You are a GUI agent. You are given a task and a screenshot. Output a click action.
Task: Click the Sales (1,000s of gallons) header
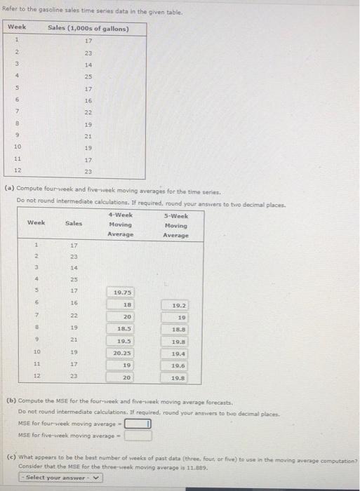pyautogui.click(x=88, y=28)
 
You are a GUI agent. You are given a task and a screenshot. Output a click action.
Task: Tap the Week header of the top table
pyautogui.click(x=17, y=28)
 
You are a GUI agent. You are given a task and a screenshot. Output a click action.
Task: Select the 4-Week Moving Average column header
pyautogui.click(x=121, y=224)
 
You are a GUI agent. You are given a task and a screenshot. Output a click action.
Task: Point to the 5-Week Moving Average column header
pyautogui.click(x=175, y=226)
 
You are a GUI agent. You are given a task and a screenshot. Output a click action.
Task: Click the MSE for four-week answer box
pyautogui.click(x=138, y=424)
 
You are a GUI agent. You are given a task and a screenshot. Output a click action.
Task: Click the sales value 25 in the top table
pyautogui.click(x=88, y=76)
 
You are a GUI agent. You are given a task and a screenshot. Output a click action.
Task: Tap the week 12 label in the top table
pyautogui.click(x=17, y=172)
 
